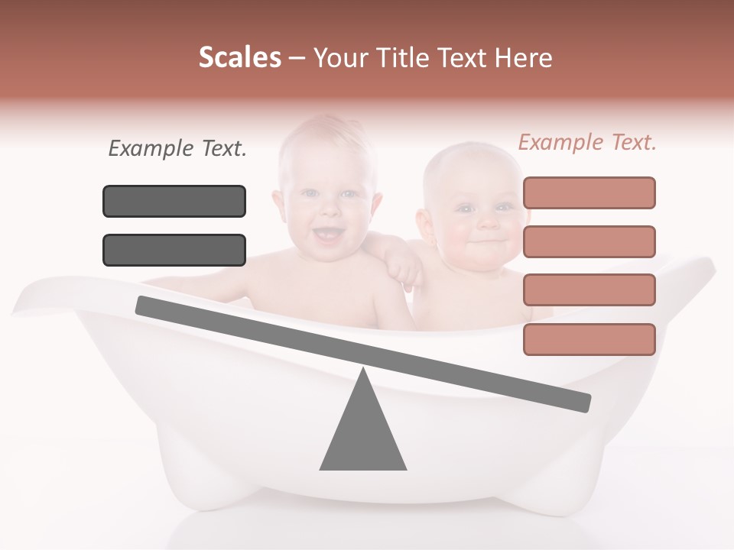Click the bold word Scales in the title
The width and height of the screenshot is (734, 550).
coord(239,58)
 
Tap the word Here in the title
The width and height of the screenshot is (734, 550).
coord(524,58)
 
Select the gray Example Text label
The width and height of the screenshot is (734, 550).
coord(177,149)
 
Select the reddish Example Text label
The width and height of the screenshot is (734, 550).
coord(587,142)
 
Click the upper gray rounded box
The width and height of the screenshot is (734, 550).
coord(174,201)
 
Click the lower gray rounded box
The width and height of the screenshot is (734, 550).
coord(174,250)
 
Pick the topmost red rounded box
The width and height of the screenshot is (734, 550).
coord(589,192)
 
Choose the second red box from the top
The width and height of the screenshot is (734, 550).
coord(589,241)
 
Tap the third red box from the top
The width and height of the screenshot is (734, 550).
coord(589,290)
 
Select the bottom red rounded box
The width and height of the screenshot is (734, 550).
coord(589,339)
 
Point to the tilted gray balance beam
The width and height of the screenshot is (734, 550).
coord(363,354)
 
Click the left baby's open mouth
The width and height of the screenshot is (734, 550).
coord(329,235)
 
